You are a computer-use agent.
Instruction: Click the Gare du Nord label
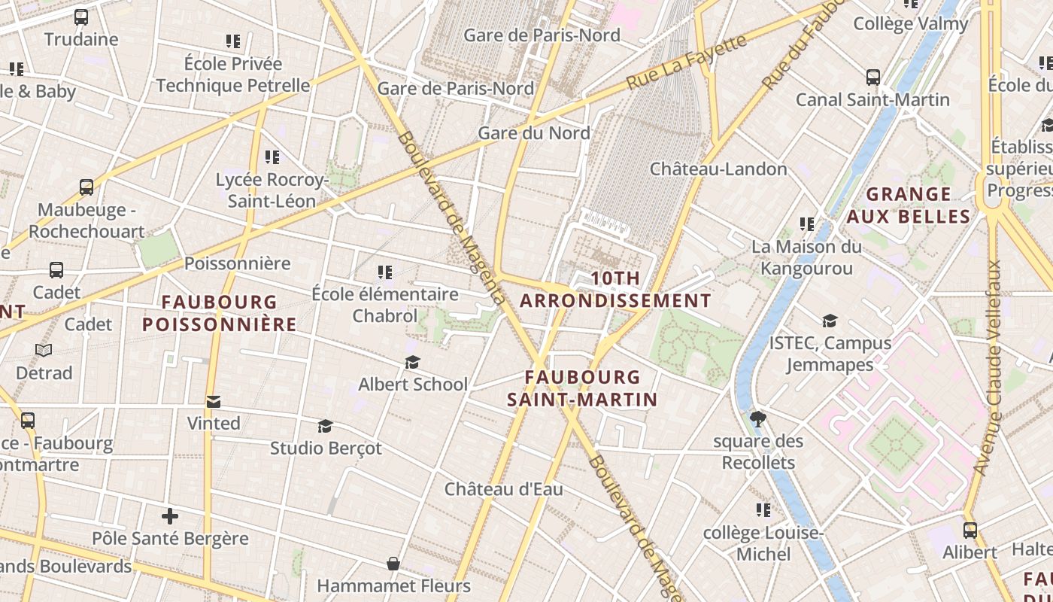(534, 133)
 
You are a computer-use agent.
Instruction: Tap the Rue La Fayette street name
(686, 62)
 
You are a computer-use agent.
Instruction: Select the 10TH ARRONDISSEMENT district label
(615, 290)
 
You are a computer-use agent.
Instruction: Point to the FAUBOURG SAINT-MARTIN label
(582, 388)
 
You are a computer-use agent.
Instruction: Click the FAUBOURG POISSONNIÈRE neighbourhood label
(220, 313)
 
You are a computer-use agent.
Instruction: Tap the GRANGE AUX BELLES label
(908, 205)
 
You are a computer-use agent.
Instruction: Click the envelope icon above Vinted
(214, 402)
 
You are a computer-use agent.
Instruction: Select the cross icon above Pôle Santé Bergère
(170, 517)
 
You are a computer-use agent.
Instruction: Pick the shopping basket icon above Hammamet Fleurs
(393, 564)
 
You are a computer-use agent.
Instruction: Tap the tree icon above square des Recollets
(758, 419)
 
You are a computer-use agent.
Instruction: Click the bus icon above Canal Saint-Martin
(872, 78)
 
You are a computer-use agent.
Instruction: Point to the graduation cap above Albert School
(412, 363)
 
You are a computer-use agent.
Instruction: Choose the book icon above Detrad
(44, 351)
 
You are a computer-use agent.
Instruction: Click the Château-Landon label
(718, 169)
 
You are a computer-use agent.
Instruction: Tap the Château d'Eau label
(503, 489)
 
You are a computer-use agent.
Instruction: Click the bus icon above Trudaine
(81, 17)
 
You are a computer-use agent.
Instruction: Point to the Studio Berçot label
(326, 448)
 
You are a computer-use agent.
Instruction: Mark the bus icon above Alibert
(970, 531)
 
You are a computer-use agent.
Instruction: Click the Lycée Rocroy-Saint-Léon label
(272, 190)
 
